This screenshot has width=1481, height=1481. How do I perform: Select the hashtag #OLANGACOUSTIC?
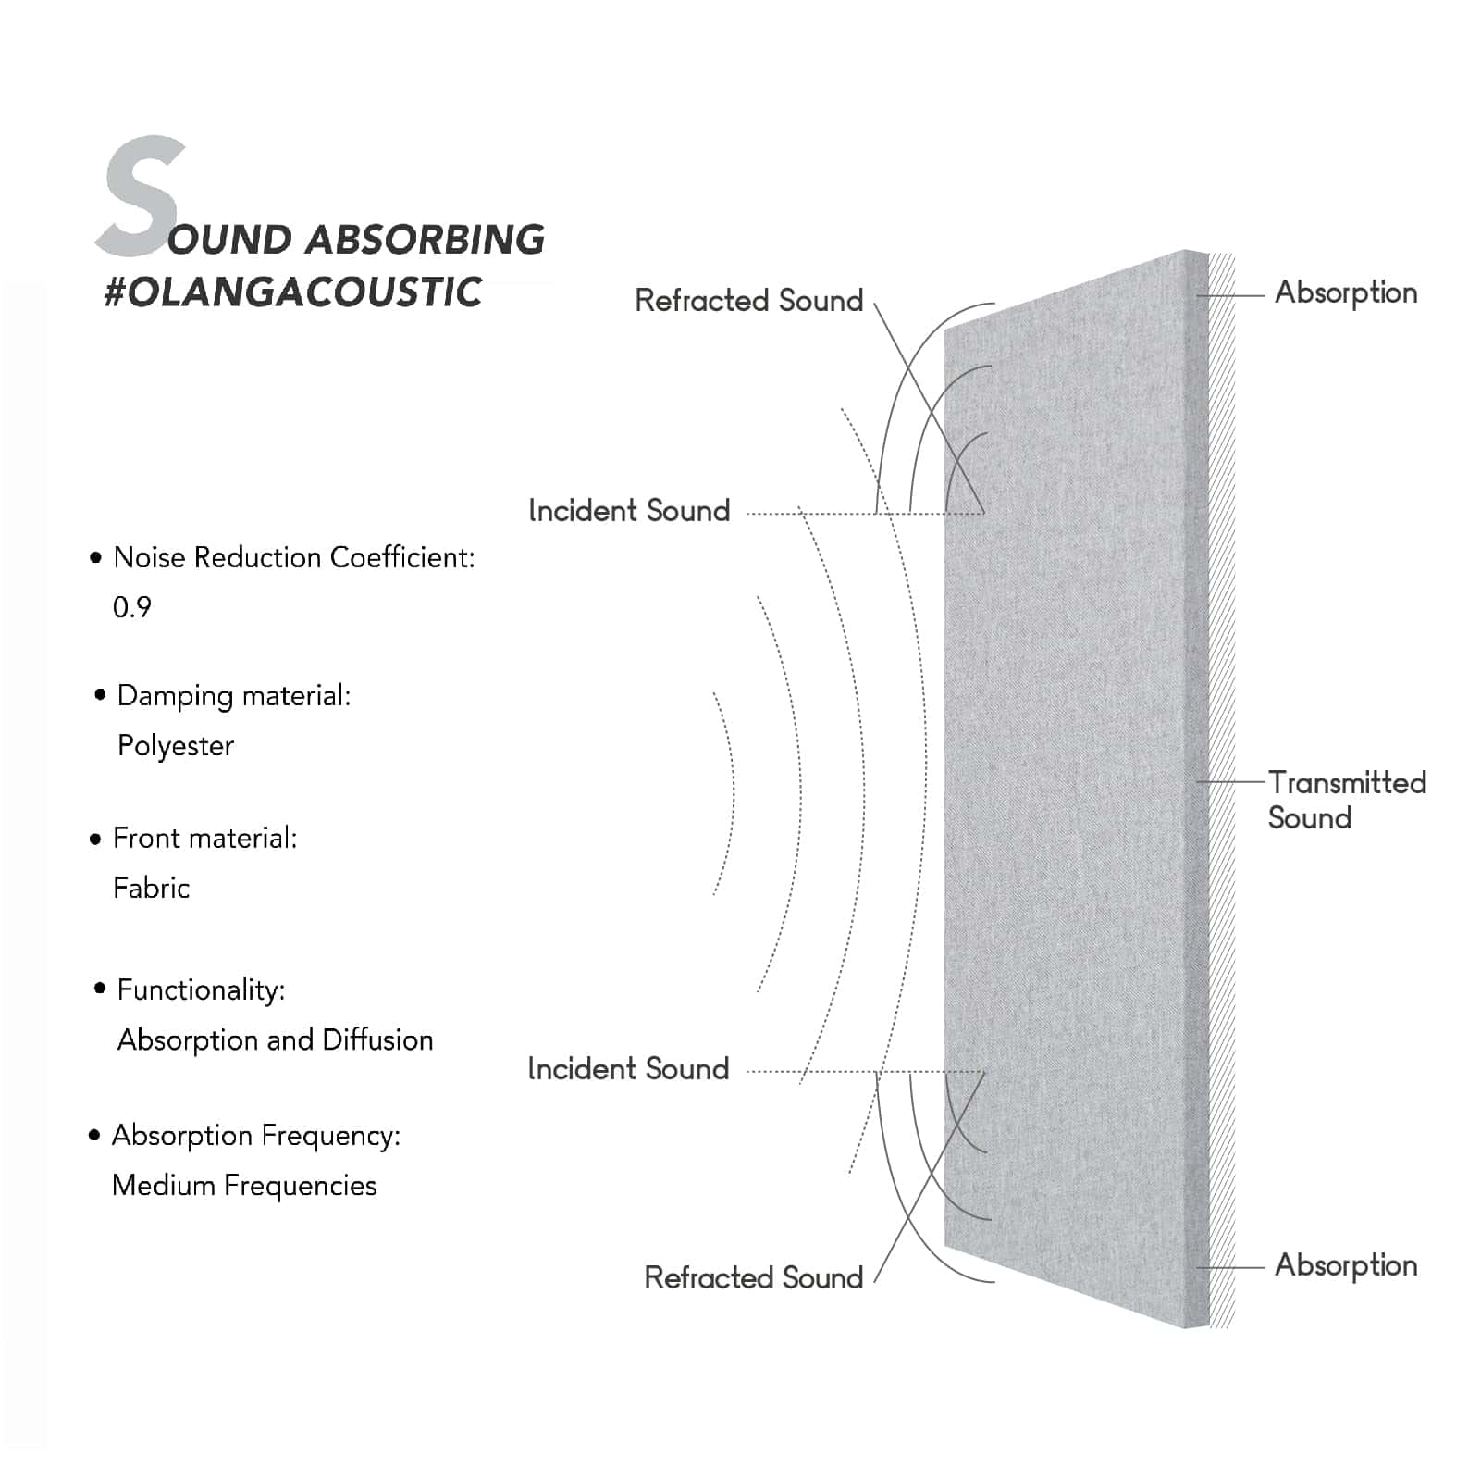tap(292, 292)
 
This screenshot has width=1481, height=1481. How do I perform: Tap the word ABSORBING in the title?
tap(425, 239)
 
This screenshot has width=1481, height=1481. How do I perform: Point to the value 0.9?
tap(132, 607)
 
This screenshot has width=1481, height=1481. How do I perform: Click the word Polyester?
tap(176, 746)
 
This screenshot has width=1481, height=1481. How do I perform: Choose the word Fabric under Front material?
tap(152, 889)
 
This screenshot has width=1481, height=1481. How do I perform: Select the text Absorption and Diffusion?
tap(275, 1040)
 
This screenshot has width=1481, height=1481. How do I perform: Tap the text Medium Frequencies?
tap(244, 1186)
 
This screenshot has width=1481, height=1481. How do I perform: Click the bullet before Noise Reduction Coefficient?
tap(95, 558)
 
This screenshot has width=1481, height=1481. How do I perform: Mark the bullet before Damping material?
tap(100, 695)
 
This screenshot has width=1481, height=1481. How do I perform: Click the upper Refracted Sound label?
tap(748, 301)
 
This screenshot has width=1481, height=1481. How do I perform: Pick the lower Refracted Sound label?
tap(753, 1278)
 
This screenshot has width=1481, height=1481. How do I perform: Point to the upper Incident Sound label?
tap(629, 511)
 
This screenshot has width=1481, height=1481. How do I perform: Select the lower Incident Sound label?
tap(628, 1069)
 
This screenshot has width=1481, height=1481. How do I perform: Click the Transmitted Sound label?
tap(1346, 801)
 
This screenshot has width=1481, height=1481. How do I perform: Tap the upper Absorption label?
tap(1346, 293)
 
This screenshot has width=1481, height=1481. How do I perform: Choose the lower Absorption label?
tap(1346, 1265)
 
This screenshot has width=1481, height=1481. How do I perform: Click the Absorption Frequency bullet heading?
tap(256, 1136)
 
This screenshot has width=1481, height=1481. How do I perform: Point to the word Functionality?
tap(201, 990)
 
